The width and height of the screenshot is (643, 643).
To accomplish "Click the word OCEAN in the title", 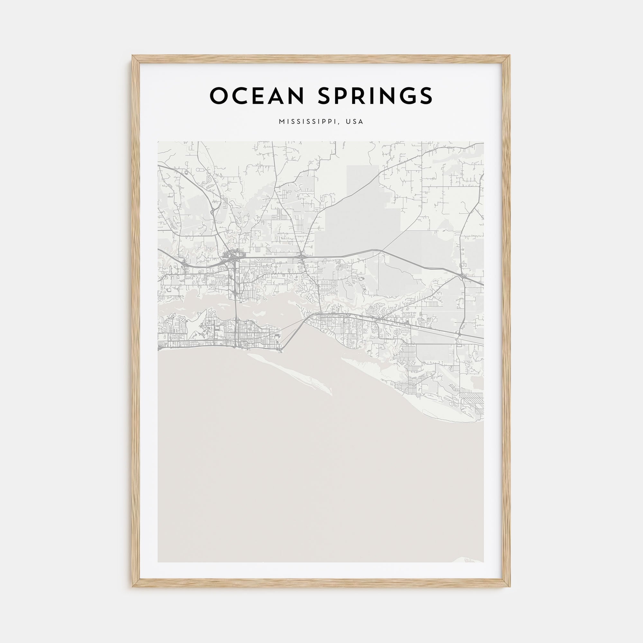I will point(257,96).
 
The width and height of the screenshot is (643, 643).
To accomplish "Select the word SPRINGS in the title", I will point(375,96).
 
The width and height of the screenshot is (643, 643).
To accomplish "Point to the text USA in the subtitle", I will point(355,122).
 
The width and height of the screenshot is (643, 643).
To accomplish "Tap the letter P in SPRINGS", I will point(345,96).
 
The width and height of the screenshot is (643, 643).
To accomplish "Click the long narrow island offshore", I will point(293,375).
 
